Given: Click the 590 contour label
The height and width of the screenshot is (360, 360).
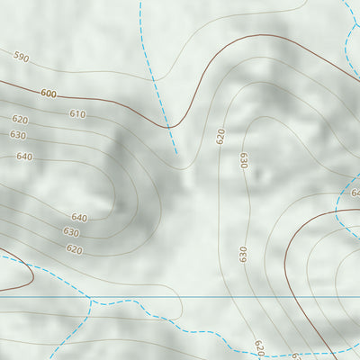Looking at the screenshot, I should tap(22, 58).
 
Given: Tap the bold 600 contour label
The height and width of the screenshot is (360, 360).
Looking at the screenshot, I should tap(48, 94).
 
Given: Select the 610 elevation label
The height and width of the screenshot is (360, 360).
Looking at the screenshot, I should tap(77, 114).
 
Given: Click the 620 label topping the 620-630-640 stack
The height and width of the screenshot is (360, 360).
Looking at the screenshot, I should tap(20, 120).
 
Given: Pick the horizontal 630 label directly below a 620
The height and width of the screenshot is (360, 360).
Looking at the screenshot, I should tap(18, 135).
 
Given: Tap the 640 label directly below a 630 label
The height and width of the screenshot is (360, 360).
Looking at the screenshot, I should tap(24, 157).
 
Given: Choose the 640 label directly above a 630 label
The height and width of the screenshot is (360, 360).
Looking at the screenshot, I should tap(79, 218).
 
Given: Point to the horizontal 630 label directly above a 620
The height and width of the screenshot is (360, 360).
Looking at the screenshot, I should tap(72, 232).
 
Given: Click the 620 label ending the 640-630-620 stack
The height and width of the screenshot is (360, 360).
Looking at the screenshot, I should tap(74, 249).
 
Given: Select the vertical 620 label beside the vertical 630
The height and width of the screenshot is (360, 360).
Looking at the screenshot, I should tap(220, 136).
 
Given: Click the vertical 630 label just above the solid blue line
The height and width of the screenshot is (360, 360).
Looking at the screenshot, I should tap(243, 254).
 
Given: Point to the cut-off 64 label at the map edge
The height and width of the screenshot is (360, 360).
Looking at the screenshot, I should tap(355, 193).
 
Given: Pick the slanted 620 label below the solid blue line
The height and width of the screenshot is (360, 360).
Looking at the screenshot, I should tap(259, 346).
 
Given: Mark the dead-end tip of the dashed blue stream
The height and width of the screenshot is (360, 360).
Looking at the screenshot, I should tap(176, 153).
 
